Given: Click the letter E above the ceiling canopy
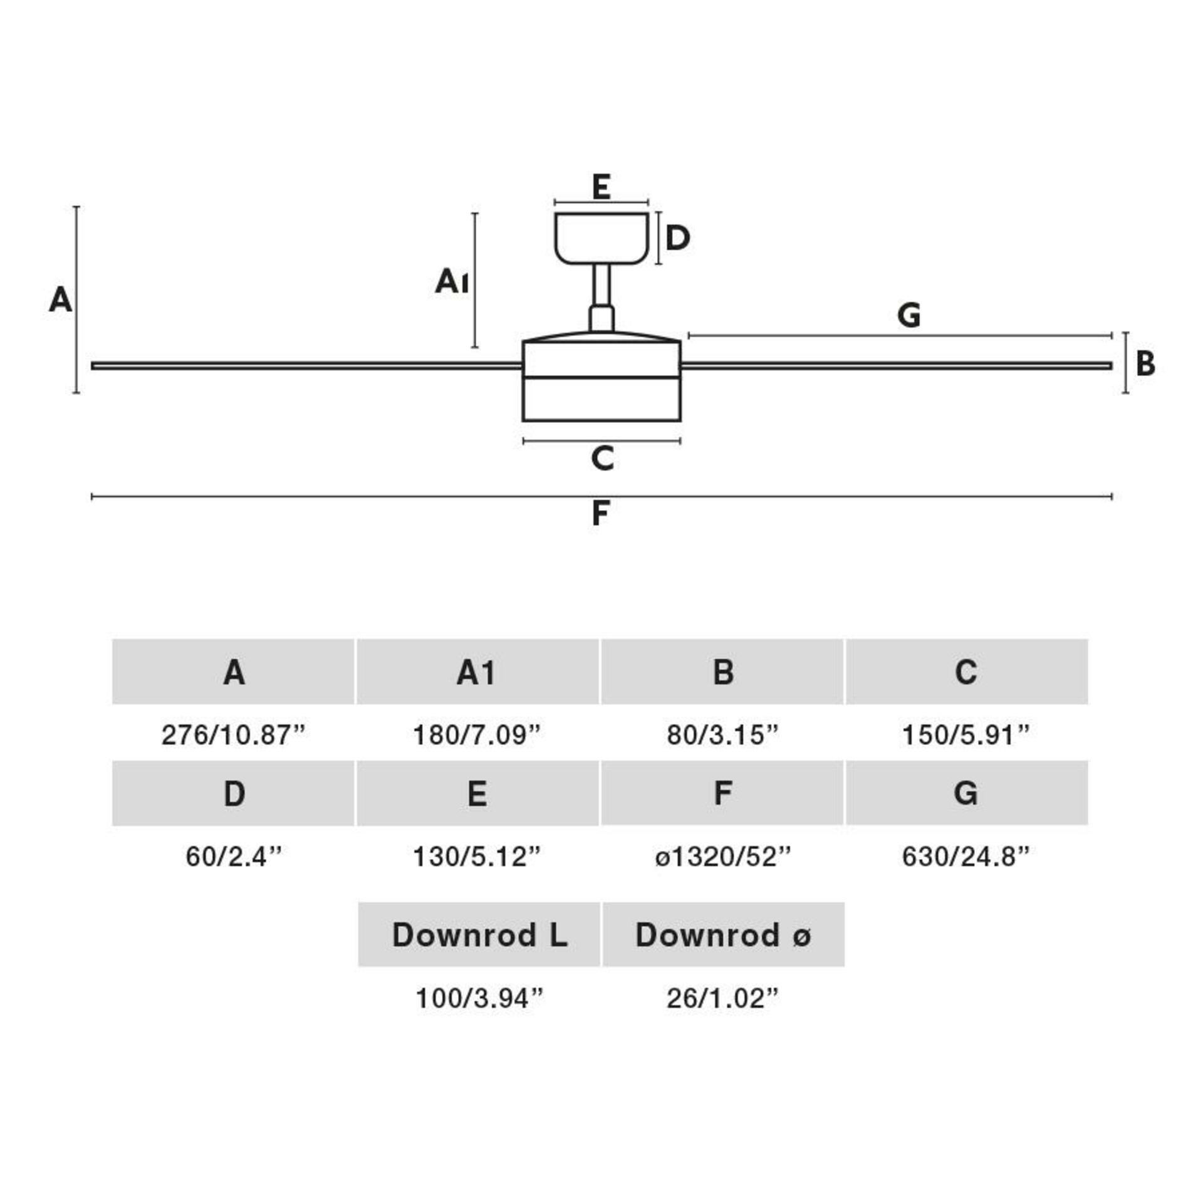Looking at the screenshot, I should click(x=601, y=187).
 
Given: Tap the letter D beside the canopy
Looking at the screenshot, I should click(x=677, y=238).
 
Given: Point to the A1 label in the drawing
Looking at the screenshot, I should click(x=451, y=281).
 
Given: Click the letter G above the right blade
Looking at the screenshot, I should click(x=909, y=315).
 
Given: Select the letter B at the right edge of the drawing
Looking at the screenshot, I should click(x=1145, y=363).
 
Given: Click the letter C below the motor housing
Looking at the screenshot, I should click(x=602, y=459).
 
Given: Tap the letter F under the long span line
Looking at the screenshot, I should click(x=600, y=514).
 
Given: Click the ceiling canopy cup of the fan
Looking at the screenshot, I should click(x=601, y=237).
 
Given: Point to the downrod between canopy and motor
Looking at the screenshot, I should click(x=601, y=285).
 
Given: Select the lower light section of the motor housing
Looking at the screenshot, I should click(x=601, y=399).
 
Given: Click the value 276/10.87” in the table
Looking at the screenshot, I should click(x=233, y=735).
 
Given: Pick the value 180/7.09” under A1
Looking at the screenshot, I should click(x=476, y=735).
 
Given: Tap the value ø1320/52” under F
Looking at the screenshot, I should click(x=722, y=857).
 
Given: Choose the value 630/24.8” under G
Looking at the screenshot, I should click(x=966, y=857).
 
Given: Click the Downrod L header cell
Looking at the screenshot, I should click(x=479, y=935).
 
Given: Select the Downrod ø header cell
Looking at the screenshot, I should click(x=723, y=935).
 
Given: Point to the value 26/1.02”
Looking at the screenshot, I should click(x=722, y=999).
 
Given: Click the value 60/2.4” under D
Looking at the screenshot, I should click(x=233, y=857).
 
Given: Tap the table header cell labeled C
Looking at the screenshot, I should click(x=966, y=672).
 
